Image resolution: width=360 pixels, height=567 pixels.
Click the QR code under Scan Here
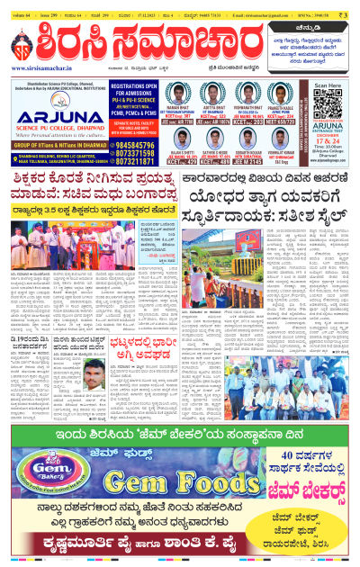point(330,109)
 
